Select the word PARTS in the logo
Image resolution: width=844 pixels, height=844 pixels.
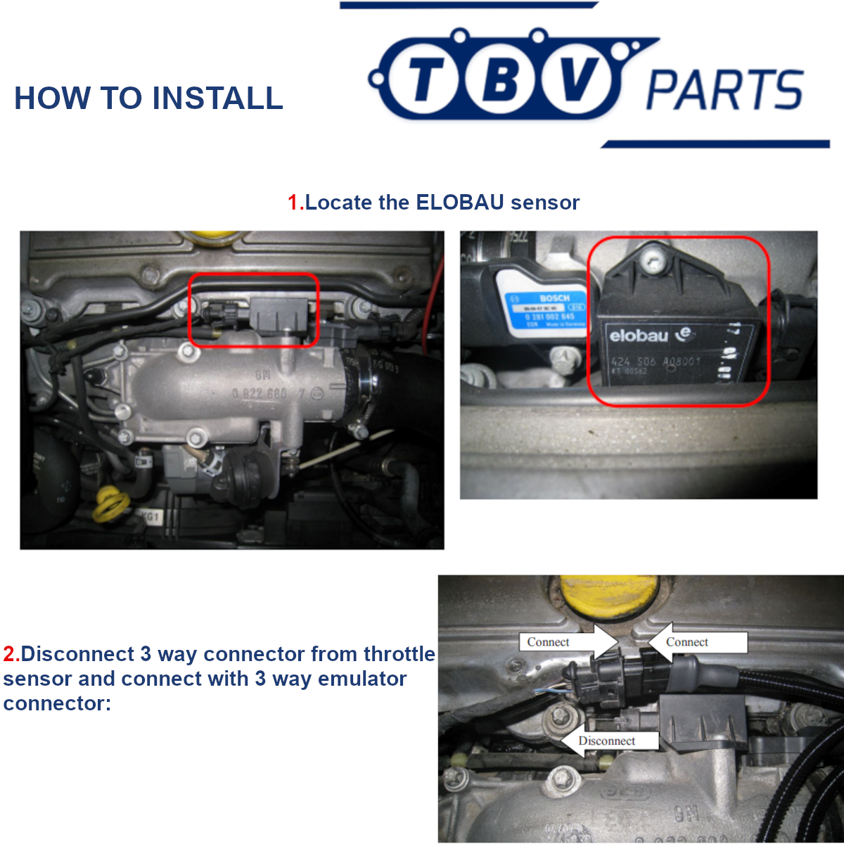coord(724,90)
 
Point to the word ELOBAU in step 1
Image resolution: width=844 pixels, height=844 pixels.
coord(460,203)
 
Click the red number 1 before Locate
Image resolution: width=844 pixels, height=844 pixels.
coord(294,203)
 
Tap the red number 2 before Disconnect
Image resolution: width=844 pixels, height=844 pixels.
coord(11,654)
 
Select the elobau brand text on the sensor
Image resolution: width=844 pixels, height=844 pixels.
coord(639,335)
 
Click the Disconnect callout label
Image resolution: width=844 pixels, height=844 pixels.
coord(606,741)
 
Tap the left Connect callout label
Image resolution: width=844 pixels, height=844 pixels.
coord(549,642)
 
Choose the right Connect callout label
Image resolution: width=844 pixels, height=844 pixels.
coord(687,642)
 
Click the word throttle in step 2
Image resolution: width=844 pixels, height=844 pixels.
coord(399,654)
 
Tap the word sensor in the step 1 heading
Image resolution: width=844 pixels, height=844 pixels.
coord(545,203)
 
